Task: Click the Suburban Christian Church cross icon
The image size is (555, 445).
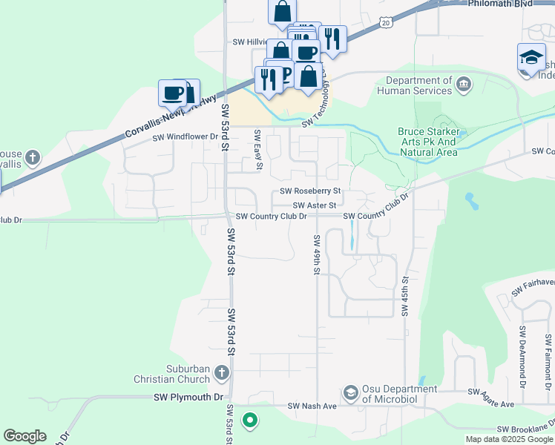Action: click(x=220, y=372)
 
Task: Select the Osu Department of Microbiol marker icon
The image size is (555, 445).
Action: click(x=350, y=391)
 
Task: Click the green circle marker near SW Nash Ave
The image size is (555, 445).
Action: click(x=250, y=421)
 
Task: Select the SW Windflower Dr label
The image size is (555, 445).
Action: click(x=185, y=137)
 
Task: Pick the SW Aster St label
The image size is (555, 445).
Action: click(x=315, y=205)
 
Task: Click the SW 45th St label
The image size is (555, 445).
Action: click(x=405, y=297)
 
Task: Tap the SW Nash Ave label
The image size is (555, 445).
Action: click(x=312, y=406)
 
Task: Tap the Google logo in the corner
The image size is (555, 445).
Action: click(x=24, y=435)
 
